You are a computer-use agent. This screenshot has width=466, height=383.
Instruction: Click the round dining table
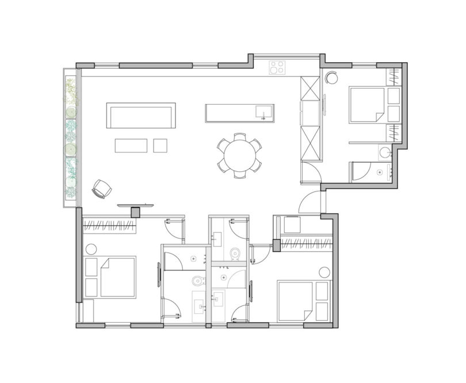click(x=238, y=154)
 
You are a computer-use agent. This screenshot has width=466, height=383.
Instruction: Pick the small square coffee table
click(x=160, y=145)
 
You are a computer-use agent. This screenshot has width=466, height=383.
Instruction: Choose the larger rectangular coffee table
click(x=131, y=145)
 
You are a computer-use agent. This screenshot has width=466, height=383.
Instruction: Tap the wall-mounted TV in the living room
click(x=136, y=204)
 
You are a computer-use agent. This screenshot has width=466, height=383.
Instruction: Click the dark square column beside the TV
click(x=136, y=212)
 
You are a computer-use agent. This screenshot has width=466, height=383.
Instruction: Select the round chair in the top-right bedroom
click(x=334, y=78)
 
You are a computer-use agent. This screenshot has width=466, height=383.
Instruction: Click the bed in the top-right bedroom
click(x=367, y=104)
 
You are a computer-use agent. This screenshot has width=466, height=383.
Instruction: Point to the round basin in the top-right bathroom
click(x=384, y=152)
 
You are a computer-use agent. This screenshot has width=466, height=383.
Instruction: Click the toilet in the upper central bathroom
click(x=234, y=253)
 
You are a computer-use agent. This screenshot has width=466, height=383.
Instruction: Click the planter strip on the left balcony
click(x=70, y=138)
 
